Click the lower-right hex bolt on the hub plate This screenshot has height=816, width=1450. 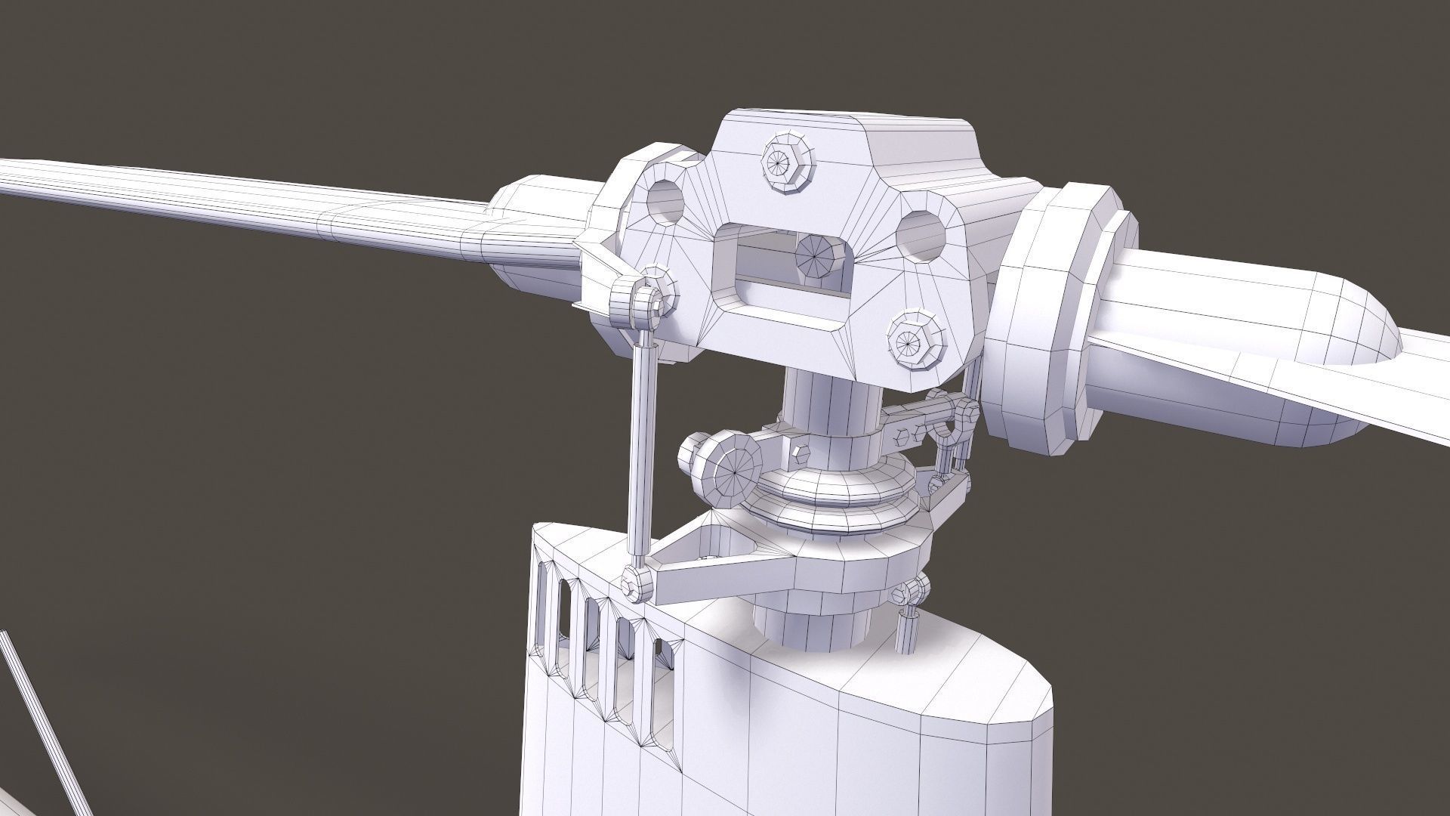[913, 342]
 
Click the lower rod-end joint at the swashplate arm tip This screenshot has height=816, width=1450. [638, 584]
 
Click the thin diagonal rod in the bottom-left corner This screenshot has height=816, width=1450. [45, 718]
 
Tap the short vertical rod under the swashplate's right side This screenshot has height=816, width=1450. [906, 631]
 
